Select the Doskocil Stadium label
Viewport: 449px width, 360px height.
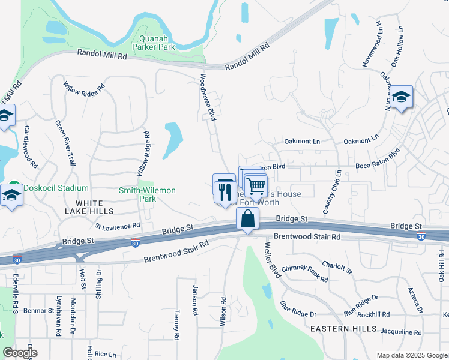tap(53, 188)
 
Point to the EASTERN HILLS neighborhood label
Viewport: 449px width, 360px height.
tap(344, 329)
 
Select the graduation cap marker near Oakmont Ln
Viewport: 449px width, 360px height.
tap(401, 97)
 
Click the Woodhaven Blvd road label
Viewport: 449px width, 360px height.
tap(207, 97)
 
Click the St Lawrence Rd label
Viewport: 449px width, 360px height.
tap(117, 226)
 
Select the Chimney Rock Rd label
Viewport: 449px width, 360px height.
tap(304, 274)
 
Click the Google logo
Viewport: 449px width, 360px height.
tap(20, 353)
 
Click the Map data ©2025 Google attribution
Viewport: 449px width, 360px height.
tap(411, 355)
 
